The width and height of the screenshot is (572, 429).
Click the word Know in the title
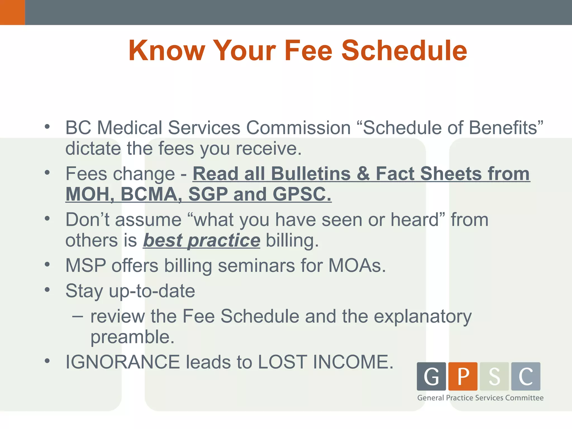(x=167, y=51)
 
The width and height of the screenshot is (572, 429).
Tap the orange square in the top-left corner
(x=12, y=12)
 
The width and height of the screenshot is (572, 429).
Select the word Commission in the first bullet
(x=298, y=128)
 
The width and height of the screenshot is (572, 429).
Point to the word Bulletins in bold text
(x=311, y=174)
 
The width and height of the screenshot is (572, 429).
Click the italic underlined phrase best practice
(x=201, y=240)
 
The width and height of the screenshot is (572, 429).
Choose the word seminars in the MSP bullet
(x=256, y=265)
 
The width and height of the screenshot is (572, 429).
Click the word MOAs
(x=357, y=265)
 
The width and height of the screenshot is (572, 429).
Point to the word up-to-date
(x=152, y=291)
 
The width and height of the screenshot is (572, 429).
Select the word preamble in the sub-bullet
(x=132, y=337)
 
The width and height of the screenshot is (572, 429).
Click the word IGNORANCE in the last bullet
(x=123, y=362)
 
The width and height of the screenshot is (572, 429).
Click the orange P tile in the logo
(x=463, y=376)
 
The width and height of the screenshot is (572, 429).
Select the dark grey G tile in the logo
(x=431, y=376)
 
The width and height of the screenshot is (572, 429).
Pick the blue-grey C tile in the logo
(x=526, y=376)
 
